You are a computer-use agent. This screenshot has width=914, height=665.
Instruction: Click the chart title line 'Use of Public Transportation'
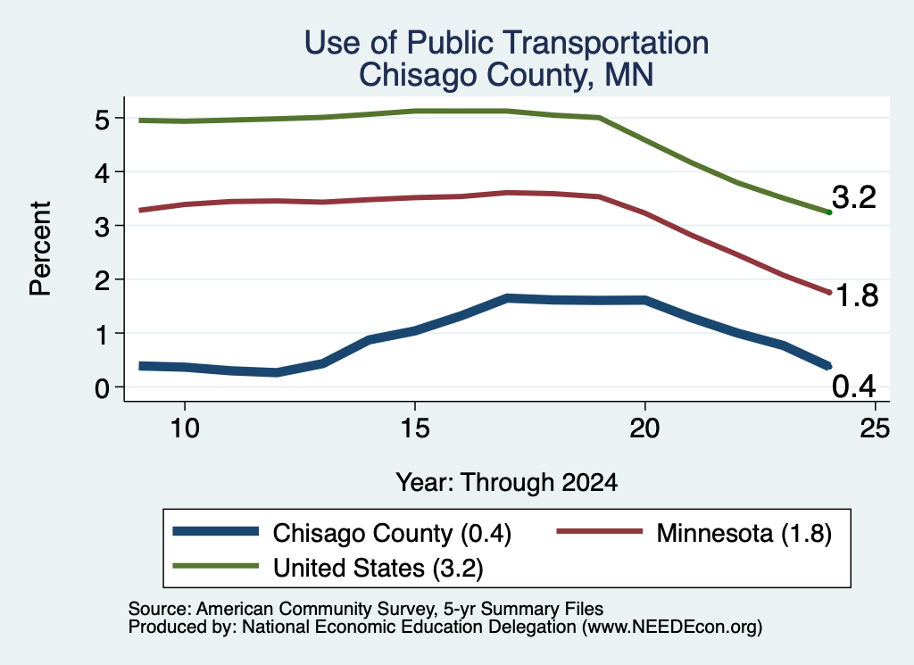pyautogui.click(x=507, y=43)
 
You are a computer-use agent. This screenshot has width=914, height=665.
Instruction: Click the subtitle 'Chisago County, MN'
pyautogui.click(x=506, y=75)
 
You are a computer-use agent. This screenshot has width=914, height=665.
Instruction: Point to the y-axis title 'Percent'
pyautogui.click(x=41, y=248)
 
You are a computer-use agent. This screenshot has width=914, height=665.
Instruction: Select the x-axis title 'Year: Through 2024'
pyautogui.click(x=507, y=483)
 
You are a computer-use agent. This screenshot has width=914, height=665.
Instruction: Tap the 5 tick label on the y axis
pyautogui.click(x=102, y=121)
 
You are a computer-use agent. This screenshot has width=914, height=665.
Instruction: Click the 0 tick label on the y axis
pyautogui.click(x=102, y=388)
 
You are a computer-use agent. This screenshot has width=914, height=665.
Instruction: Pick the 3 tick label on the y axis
pyautogui.click(x=102, y=228)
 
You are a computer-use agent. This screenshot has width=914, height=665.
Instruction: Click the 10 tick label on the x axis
pyautogui.click(x=185, y=429)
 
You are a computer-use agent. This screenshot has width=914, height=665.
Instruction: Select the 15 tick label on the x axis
pyautogui.click(x=415, y=429)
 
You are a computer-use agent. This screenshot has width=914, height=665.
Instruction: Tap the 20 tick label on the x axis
pyautogui.click(x=644, y=429)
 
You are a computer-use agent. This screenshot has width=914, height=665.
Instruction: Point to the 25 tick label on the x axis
pyautogui.click(x=875, y=429)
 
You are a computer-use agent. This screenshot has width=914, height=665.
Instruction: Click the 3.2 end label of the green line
pyautogui.click(x=854, y=197)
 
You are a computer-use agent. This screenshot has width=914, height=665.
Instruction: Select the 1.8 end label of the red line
pyautogui.click(x=856, y=296)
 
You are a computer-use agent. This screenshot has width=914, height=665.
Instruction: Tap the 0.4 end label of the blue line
pyautogui.click(x=854, y=387)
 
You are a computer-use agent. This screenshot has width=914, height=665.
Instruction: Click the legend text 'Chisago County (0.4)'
pyautogui.click(x=393, y=534)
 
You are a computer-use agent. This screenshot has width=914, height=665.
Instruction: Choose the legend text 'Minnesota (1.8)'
pyautogui.click(x=744, y=534)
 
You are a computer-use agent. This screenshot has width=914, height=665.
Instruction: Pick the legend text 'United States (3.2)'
pyautogui.click(x=378, y=569)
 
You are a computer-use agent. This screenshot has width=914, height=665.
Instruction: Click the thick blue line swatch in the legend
pyautogui.click(x=216, y=531)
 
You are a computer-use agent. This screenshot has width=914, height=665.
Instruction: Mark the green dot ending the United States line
pyautogui.click(x=829, y=212)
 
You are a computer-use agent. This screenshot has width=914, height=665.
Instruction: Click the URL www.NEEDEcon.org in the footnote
pyautogui.click(x=671, y=628)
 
